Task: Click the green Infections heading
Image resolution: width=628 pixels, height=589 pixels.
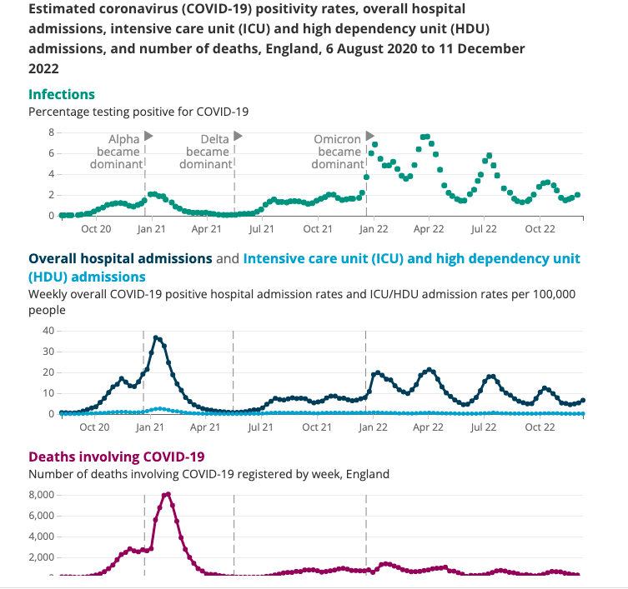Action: pos(62,94)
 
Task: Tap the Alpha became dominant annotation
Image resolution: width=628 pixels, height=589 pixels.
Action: pos(118,152)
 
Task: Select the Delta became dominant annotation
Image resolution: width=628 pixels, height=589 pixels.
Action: pos(207,152)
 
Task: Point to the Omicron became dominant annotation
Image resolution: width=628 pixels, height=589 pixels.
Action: pos(338,152)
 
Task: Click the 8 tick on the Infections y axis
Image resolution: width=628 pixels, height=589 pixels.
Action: pos(50,132)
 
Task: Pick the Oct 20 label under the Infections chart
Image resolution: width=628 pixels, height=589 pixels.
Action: pos(95,228)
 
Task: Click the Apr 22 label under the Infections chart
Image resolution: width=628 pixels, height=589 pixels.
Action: pos(428,228)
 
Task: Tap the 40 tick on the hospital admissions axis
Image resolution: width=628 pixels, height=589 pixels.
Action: pos(48,331)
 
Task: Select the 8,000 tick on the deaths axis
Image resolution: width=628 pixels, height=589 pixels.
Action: pos(42,495)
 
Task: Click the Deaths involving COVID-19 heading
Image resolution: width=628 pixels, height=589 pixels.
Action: pos(116,457)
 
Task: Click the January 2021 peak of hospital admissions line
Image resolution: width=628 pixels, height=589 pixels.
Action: pos(156,337)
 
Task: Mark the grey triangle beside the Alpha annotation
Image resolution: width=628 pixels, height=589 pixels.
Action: pos(148,136)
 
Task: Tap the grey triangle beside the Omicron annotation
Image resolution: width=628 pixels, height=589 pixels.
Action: pos(370,136)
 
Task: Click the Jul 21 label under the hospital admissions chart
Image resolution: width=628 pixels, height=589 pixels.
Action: pos(261,427)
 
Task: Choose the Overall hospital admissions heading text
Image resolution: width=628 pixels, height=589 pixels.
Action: pos(120,258)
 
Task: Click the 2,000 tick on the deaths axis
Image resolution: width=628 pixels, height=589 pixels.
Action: pos(42,557)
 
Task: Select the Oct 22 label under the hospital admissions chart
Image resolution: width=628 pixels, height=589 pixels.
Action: pos(540,427)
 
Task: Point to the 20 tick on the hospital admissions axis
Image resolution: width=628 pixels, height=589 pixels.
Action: pos(48,372)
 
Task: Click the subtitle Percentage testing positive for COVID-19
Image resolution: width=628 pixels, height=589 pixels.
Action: pos(138,111)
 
